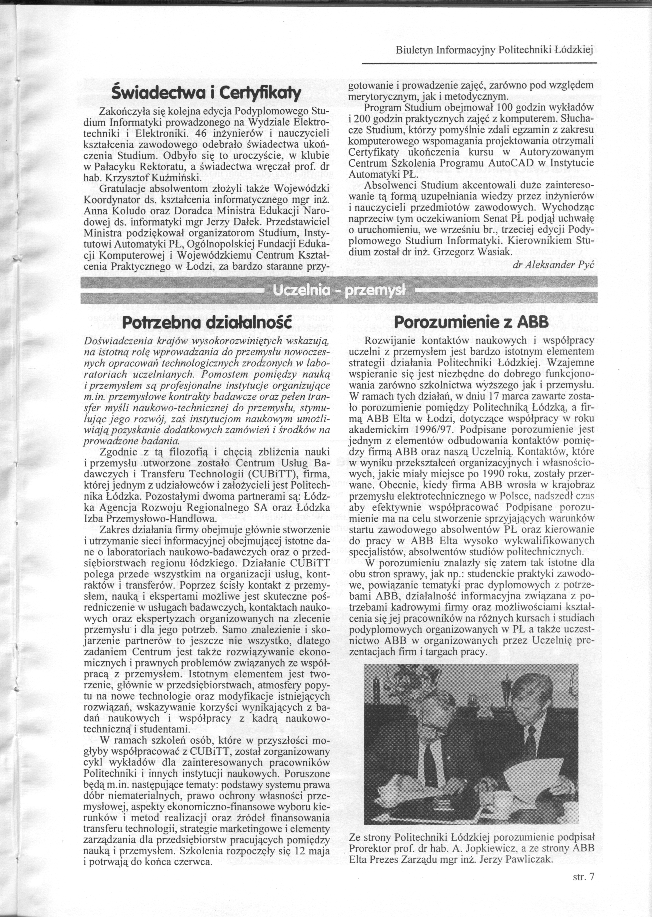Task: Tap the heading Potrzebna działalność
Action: pos(206,323)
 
